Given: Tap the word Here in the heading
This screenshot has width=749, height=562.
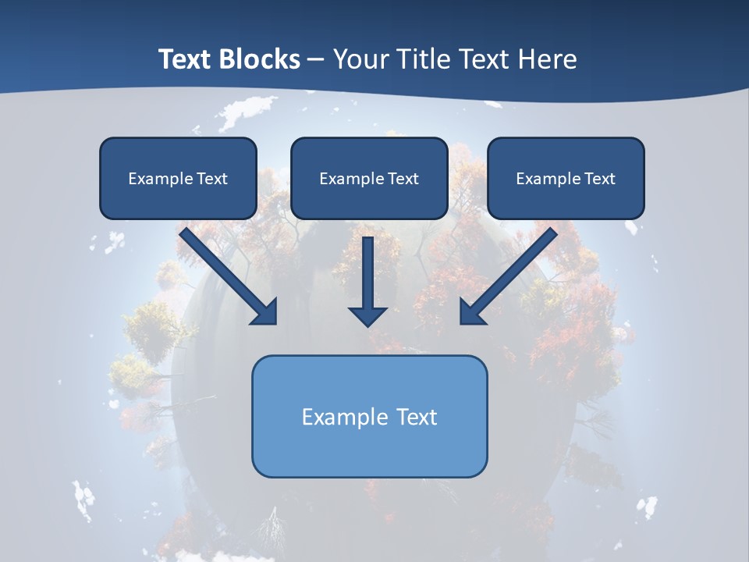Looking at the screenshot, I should click(548, 59).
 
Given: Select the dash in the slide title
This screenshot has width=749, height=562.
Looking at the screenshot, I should click(316, 60).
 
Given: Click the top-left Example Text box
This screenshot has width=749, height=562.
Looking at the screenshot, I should click(178, 178).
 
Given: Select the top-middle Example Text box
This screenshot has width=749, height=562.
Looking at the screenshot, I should click(369, 178).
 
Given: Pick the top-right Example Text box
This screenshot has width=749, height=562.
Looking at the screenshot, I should click(566, 178).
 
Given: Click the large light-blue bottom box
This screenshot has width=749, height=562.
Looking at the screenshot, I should click(369, 416).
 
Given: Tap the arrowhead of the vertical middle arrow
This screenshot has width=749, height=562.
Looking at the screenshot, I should click(367, 315).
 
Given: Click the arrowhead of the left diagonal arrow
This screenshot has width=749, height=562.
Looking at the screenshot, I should click(265, 312).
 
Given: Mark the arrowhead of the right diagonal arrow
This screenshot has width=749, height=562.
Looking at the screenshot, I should click(472, 312).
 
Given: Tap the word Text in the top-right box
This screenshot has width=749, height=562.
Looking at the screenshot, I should click(599, 179).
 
